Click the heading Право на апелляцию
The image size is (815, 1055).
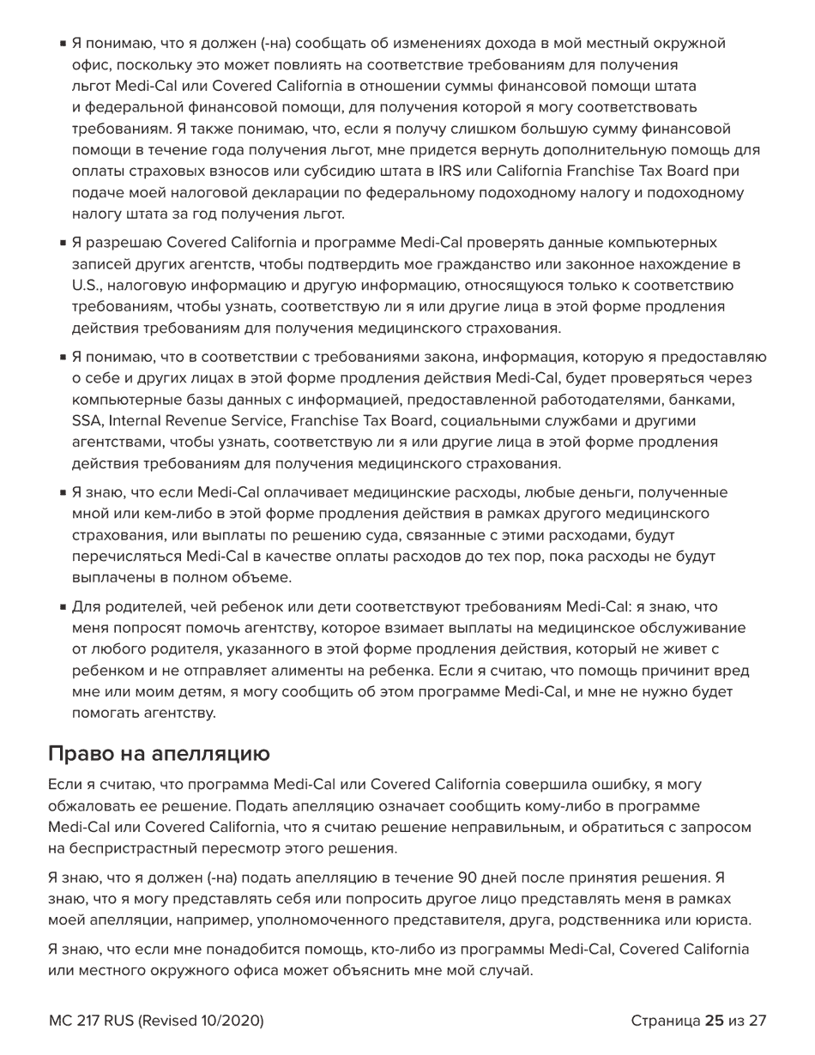coord(159,753)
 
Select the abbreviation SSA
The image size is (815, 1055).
coord(88,421)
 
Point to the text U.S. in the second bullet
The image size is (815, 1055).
coord(86,286)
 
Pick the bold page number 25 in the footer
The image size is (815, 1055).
coord(714,1021)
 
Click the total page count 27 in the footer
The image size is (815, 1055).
coord(757,1021)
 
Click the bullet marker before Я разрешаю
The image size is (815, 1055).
coord(63,244)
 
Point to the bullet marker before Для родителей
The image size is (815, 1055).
coord(63,607)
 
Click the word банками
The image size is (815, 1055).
coord(707,400)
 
